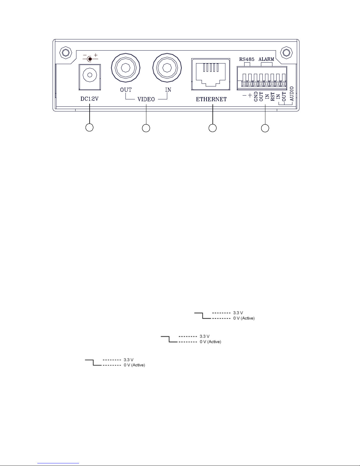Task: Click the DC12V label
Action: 89,99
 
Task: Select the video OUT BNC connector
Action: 125,68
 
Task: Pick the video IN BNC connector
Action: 167,68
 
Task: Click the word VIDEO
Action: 146,99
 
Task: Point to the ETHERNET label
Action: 211,99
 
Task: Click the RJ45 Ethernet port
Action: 211,74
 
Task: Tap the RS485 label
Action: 247,59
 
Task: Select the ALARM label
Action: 266,59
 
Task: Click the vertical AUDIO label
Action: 292,94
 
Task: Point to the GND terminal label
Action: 256,96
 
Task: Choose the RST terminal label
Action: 273,96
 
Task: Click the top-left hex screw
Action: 66,53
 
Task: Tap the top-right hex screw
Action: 287,53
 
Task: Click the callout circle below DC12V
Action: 89,127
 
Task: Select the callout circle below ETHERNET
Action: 212,128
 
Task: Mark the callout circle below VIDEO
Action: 146,128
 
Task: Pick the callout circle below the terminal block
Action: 265,128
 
